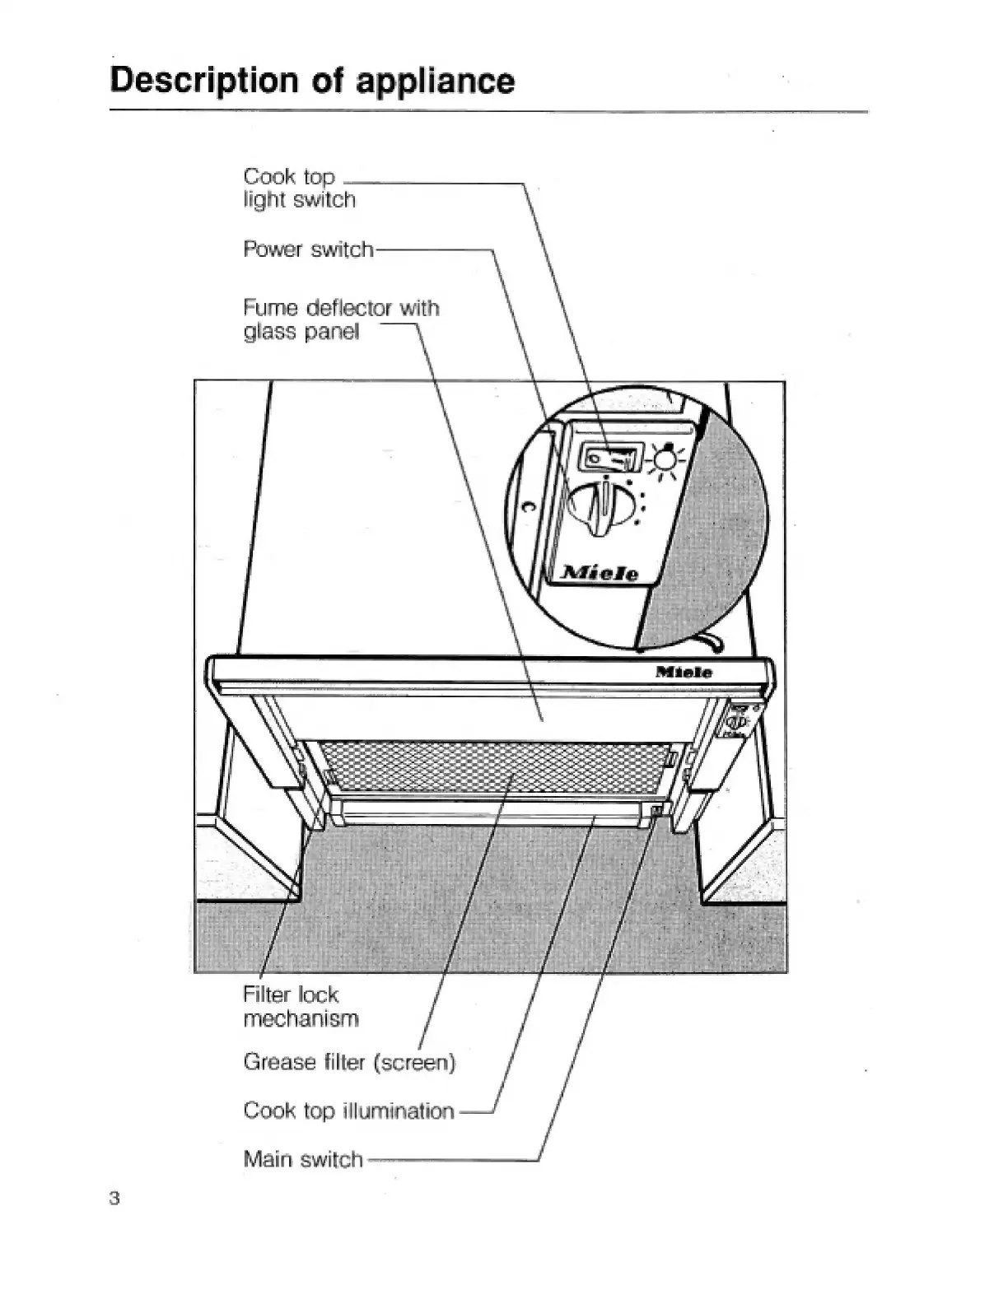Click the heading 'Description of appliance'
coord(312,81)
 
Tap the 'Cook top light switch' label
coord(299,188)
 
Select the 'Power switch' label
coord(308,249)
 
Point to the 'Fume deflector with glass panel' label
coord(341,319)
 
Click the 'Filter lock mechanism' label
coord(301,1006)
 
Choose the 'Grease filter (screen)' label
coord(349,1062)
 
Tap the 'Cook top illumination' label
coord(348,1111)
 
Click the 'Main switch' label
coord(303,1159)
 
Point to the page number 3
coord(114,1198)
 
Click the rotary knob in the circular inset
coord(604,510)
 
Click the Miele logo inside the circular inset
coord(600,573)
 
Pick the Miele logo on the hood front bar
coord(684,673)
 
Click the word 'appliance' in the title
coord(435,81)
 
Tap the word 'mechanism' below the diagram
coord(301,1018)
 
